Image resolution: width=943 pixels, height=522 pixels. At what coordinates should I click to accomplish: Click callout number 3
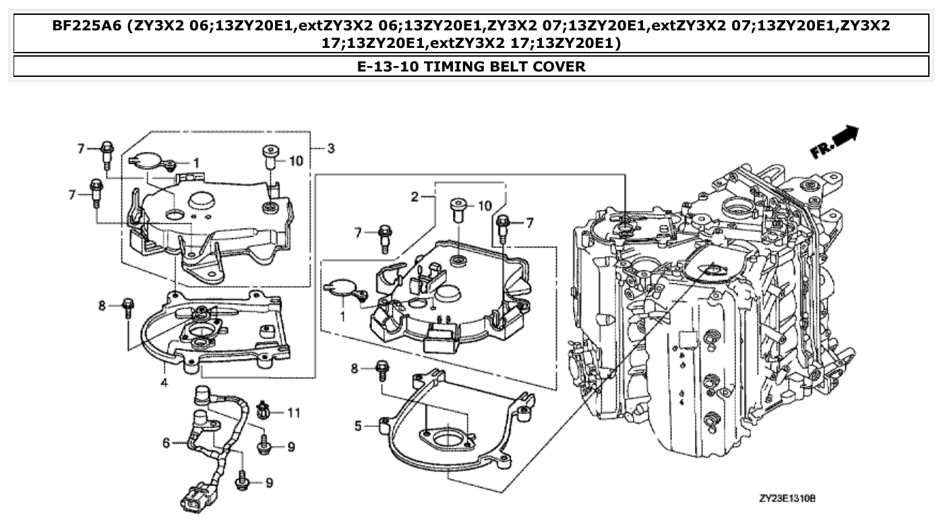tap(330, 148)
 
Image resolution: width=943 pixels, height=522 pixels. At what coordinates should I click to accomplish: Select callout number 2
tap(416, 197)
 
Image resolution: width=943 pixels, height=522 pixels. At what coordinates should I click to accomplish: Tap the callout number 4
tap(164, 383)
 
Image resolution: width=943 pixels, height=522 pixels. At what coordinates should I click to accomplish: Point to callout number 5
tap(359, 426)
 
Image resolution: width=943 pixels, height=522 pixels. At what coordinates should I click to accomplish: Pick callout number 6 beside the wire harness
tap(166, 442)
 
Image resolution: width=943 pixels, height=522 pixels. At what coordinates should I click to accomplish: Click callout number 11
tap(293, 412)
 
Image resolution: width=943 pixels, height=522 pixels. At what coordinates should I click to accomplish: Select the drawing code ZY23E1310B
tap(787, 499)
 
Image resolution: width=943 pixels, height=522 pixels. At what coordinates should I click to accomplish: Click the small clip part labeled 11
tap(264, 409)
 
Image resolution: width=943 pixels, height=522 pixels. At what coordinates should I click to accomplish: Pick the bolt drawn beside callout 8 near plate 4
tap(127, 307)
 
